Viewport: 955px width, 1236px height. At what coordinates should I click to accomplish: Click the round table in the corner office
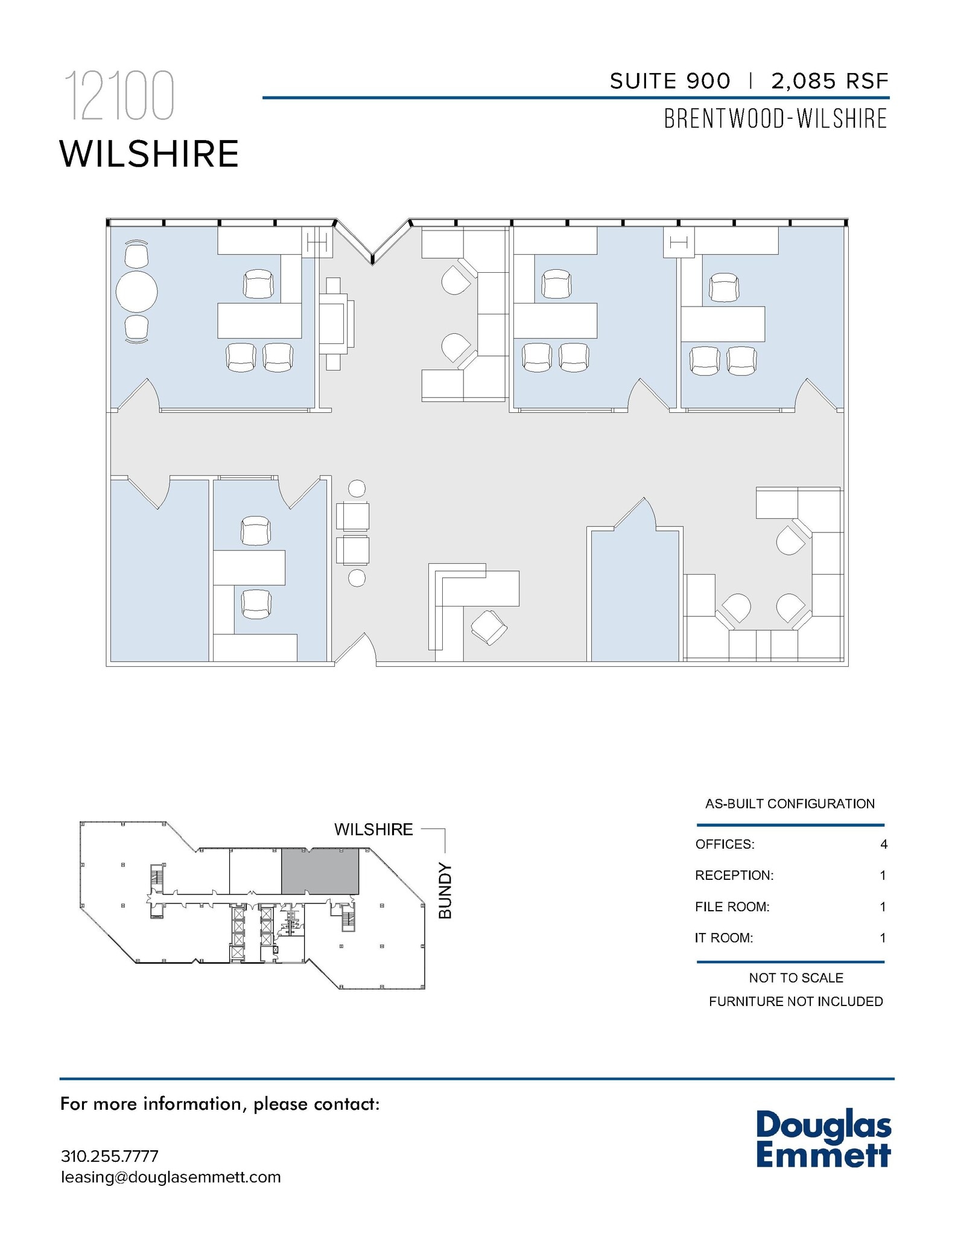(136, 292)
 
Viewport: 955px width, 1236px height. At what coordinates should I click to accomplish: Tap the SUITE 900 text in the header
(670, 81)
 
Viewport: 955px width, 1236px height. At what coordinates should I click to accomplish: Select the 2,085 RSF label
(830, 81)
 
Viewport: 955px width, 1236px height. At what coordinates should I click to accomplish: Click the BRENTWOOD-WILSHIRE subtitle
(775, 119)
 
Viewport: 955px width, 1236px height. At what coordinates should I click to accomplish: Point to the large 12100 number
(119, 97)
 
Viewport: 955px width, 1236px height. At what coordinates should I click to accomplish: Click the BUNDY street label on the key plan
(445, 891)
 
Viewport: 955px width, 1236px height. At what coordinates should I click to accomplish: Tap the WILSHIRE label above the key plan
(373, 829)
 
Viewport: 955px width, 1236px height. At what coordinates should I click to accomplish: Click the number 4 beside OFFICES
(883, 844)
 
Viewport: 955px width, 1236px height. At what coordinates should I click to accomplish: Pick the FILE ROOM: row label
(732, 906)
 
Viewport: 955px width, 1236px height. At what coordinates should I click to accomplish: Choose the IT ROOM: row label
(724, 938)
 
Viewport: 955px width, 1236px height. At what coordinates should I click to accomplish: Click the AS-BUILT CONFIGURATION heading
(790, 804)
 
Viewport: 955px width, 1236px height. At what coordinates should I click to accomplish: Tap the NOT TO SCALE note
(796, 978)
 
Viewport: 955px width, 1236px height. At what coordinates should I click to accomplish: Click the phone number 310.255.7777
(110, 1156)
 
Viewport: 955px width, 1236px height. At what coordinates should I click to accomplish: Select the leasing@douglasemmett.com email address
(171, 1177)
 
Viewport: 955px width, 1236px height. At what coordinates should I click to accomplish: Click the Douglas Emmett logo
(823, 1139)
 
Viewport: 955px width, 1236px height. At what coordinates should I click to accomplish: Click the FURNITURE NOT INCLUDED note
(796, 1001)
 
